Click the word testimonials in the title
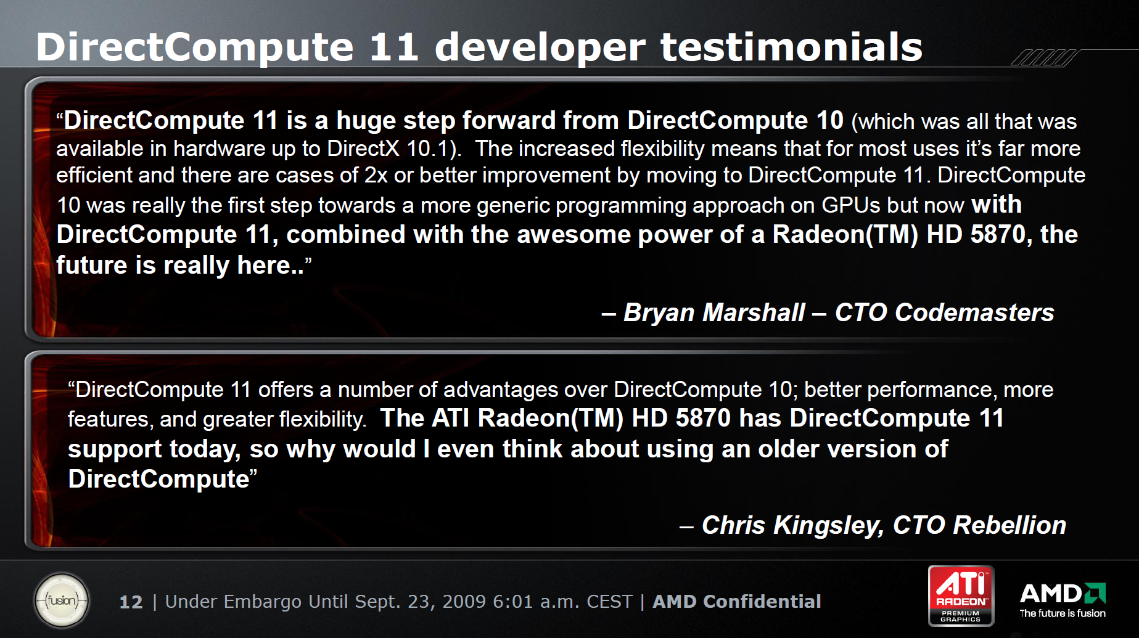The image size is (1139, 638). (791, 47)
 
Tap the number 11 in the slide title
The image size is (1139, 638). (394, 47)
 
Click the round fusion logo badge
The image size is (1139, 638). (62, 600)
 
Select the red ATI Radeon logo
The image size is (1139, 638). (961, 595)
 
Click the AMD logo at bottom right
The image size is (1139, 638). (1063, 593)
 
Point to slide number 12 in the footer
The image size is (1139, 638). (131, 602)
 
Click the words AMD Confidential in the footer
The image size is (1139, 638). (737, 602)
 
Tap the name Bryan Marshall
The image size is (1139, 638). (714, 313)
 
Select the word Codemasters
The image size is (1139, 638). (975, 313)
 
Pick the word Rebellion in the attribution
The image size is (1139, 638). (1009, 525)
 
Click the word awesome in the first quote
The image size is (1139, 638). (574, 235)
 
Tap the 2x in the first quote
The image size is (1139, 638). (376, 175)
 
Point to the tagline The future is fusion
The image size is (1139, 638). (1063, 613)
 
